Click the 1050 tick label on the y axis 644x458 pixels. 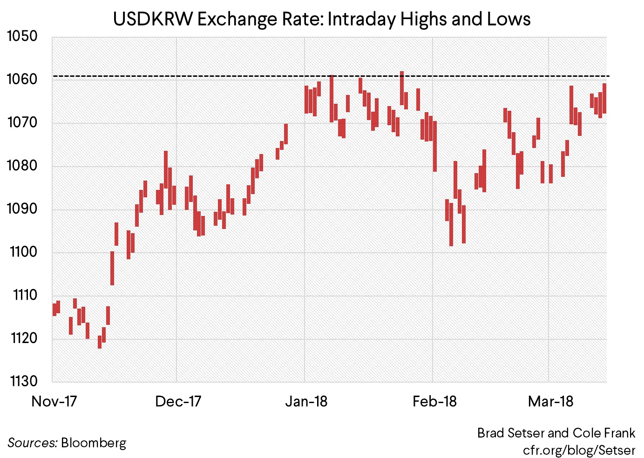point(22,36)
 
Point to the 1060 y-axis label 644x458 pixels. point(22,79)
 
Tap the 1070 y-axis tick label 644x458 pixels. point(22,122)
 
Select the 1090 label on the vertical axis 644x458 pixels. point(22,209)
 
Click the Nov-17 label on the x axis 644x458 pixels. point(54,401)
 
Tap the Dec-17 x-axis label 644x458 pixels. point(178,401)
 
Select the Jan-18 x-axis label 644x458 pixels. point(306,401)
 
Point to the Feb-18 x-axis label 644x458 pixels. point(434,401)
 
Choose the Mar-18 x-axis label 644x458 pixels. point(550,401)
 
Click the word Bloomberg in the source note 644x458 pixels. point(94,443)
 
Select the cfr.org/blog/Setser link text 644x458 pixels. point(579,450)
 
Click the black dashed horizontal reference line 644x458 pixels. point(233,76)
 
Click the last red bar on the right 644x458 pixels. point(604,98)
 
